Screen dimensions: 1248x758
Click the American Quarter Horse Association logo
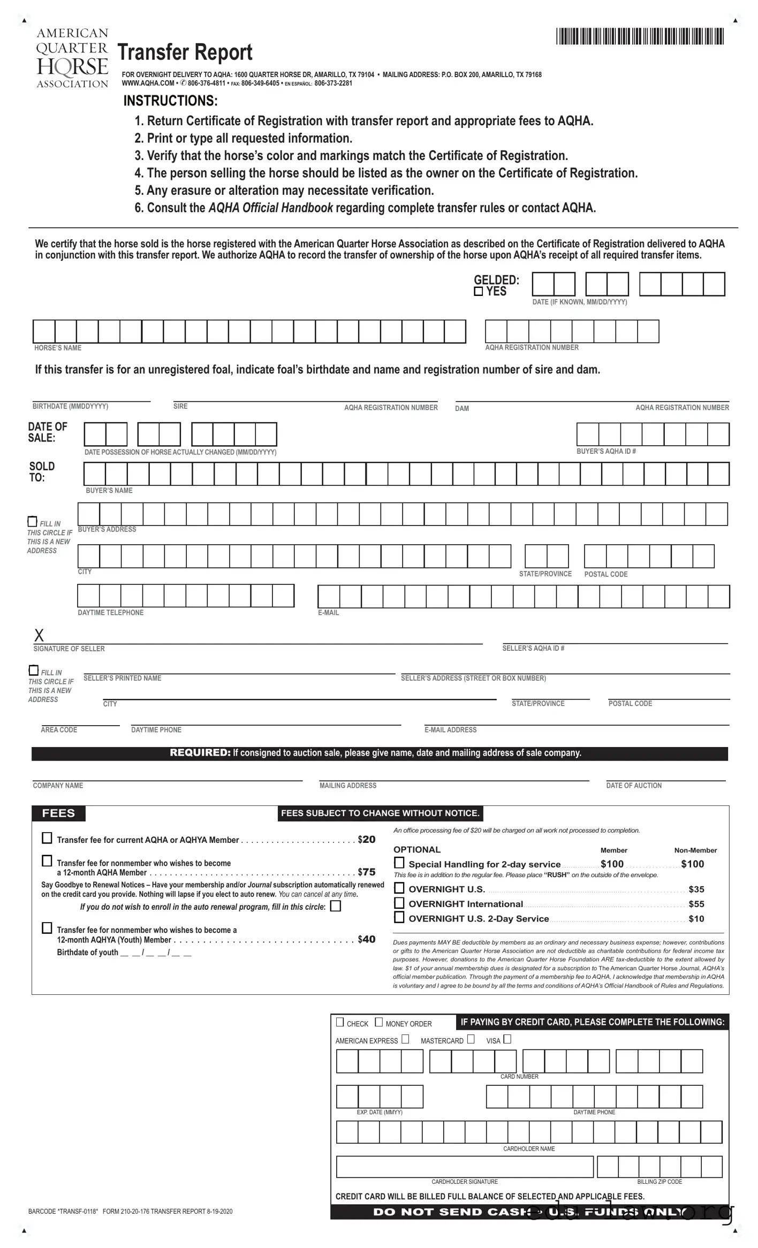[x=72, y=58]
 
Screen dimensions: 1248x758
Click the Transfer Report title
[x=185, y=52]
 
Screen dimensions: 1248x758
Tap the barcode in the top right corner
[x=640, y=36]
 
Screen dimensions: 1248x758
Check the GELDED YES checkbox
[x=479, y=292]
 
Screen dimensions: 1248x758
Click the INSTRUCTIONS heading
[x=170, y=101]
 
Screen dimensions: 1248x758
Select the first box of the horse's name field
[x=44, y=331]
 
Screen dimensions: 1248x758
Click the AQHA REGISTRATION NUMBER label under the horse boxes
[x=532, y=347]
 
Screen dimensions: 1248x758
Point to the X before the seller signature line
[x=39, y=635]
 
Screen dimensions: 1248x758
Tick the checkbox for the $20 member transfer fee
[x=47, y=838]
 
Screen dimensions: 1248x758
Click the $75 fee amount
[x=367, y=872]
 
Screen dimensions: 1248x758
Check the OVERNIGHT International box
[x=399, y=903]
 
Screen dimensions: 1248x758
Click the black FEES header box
[x=58, y=813]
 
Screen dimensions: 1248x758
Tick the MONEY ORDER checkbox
[x=378, y=1022]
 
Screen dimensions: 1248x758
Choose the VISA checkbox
[x=507, y=1039]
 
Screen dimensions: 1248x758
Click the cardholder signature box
[x=464, y=1167]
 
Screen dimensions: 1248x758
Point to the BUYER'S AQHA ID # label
[x=606, y=451]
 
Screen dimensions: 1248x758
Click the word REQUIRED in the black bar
[x=200, y=753]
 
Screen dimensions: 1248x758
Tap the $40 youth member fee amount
[x=367, y=939]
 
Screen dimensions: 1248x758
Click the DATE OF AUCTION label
[x=633, y=786]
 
